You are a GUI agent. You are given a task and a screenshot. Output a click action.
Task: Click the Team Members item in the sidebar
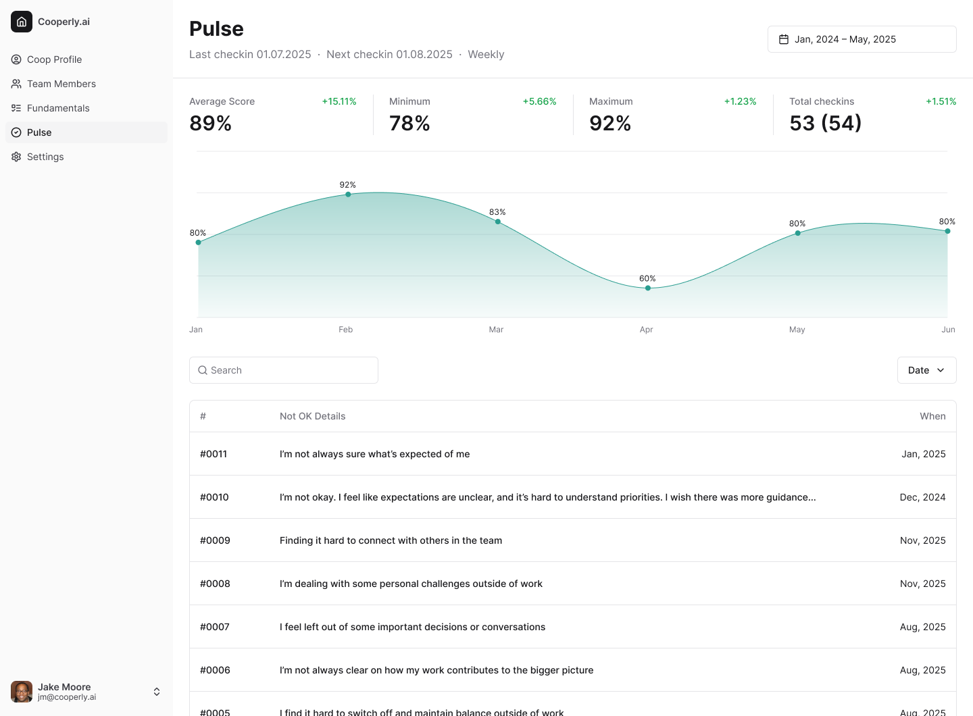pyautogui.click(x=61, y=84)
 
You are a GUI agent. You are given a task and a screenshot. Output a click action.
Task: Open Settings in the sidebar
pyautogui.click(x=45, y=157)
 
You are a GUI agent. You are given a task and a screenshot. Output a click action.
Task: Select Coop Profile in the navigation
pyautogui.click(x=54, y=59)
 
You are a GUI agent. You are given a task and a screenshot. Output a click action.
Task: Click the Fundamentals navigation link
pyautogui.click(x=58, y=108)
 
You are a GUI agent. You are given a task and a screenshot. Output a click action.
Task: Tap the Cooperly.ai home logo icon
pyautogui.click(x=22, y=22)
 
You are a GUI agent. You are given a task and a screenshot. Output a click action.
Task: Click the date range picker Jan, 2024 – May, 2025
pyautogui.click(x=862, y=39)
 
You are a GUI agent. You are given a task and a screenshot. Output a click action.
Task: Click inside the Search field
pyautogui.click(x=284, y=370)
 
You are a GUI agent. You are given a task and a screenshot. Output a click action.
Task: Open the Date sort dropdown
pyautogui.click(x=926, y=370)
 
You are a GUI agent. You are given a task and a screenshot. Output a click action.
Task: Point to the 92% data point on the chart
pyautogui.click(x=348, y=195)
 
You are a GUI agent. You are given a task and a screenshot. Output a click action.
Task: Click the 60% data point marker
pyautogui.click(x=648, y=288)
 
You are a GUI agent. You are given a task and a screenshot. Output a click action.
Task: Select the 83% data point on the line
pyautogui.click(x=498, y=222)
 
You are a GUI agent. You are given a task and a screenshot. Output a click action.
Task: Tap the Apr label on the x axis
pyautogui.click(x=646, y=330)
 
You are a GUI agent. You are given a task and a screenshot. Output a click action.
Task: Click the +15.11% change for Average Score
pyautogui.click(x=339, y=101)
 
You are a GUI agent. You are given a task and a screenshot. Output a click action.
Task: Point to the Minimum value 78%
pyautogui.click(x=409, y=124)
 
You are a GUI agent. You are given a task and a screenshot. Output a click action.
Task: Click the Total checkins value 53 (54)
pyautogui.click(x=825, y=124)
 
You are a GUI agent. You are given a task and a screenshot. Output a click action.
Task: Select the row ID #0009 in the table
pyautogui.click(x=215, y=540)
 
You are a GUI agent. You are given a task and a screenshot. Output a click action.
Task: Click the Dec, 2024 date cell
pyautogui.click(x=922, y=497)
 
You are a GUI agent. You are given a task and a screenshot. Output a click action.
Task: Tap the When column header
pyautogui.click(x=932, y=416)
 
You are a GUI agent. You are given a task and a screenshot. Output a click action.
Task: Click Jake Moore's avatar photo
pyautogui.click(x=22, y=692)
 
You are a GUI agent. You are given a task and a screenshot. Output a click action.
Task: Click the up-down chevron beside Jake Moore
pyautogui.click(x=157, y=692)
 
